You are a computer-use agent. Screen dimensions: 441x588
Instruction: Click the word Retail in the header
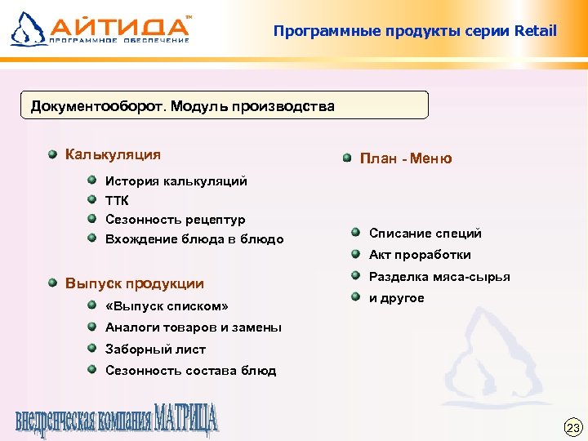[536, 31]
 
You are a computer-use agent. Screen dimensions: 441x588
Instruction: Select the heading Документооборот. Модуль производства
[182, 106]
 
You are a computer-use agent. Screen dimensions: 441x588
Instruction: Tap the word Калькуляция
[113, 154]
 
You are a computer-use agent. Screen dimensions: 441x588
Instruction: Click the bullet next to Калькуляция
[51, 154]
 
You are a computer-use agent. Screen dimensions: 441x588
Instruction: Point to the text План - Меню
[406, 158]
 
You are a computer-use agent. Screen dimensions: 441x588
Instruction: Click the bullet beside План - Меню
[346, 158]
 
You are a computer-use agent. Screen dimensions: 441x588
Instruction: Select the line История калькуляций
[176, 180]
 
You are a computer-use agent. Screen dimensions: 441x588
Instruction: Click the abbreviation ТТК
[118, 200]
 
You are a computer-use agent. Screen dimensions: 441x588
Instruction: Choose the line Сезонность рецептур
[176, 220]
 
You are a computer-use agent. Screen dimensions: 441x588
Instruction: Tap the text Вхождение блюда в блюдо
[194, 239]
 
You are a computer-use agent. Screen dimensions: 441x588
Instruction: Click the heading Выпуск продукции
[135, 283]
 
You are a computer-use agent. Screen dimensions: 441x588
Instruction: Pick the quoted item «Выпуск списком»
[167, 306]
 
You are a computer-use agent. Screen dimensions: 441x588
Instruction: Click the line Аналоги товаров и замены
[194, 327]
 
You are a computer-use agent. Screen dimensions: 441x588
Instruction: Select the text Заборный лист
[155, 349]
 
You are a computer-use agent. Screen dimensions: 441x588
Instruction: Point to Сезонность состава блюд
[190, 370]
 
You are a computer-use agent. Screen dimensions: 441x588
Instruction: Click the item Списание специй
[425, 233]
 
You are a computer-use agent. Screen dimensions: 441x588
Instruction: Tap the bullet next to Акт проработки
[356, 253]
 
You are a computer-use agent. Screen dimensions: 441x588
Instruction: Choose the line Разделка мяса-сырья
[439, 277]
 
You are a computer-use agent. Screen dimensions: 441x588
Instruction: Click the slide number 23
[572, 427]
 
